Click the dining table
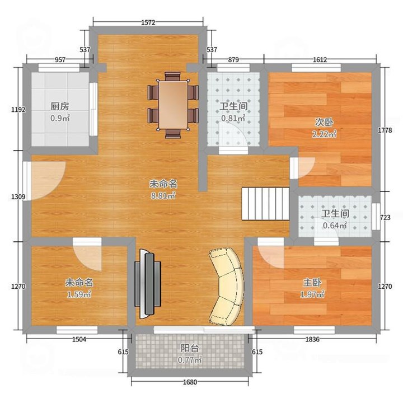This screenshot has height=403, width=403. coord(173,105)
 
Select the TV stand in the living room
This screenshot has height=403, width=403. coord(148,284)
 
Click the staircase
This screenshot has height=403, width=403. coord(265,204)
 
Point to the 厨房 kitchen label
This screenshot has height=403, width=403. coord(60,106)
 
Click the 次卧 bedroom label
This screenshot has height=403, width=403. coord(324,123)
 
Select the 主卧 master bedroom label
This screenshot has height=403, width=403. coord(312,283)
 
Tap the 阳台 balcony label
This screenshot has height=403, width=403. coord(190,348)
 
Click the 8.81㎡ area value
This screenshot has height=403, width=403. coord(163,196)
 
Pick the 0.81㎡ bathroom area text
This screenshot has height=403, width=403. coord(233,118)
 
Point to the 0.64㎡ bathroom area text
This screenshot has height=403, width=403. coord(335,226)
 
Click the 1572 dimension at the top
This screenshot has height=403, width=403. coord(148,22)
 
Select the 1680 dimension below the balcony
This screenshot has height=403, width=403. coord(190,382)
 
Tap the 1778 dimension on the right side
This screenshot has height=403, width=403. coord(385,130)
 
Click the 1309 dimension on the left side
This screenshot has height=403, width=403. coord(18,197)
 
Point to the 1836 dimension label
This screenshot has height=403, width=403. coord(312,339)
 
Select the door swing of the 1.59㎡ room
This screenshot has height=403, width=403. coord(87,255)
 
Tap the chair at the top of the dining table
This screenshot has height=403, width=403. coord(172,76)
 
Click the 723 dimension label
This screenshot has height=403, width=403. coord(385,217)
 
